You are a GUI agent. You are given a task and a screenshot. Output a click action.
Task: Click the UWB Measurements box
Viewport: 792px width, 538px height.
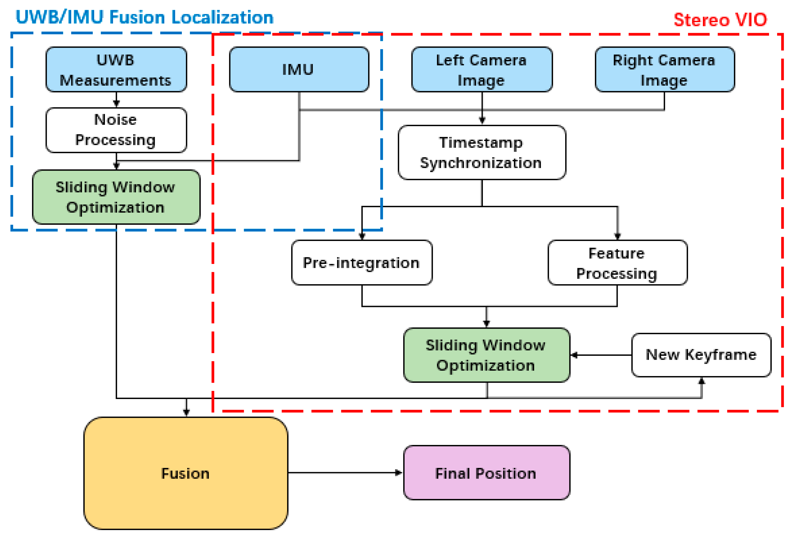point(116,69)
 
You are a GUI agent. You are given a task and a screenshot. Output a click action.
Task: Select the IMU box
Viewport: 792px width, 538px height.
point(299,69)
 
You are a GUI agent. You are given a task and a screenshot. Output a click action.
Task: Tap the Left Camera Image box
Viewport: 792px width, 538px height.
point(481,69)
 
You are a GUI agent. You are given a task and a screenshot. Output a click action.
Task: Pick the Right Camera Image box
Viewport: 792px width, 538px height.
point(664,69)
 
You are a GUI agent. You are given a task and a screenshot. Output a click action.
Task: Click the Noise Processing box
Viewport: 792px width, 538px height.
point(116,130)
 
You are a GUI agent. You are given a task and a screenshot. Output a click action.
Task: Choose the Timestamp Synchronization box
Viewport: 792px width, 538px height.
point(481,152)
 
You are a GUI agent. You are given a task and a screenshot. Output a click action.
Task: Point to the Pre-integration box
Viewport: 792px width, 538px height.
point(362,262)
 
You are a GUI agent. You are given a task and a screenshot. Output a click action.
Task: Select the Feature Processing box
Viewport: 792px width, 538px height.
point(617,262)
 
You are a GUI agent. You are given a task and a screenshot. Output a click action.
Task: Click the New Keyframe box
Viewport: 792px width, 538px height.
point(701,355)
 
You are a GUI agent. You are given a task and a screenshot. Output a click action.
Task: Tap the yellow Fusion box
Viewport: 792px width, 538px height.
point(186,473)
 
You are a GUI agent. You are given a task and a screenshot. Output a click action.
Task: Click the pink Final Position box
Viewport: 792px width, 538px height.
point(486,473)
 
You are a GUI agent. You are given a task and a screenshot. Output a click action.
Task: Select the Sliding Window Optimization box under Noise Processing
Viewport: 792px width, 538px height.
point(116,197)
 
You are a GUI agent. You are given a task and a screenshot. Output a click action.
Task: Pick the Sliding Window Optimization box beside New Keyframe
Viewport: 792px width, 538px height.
point(486,355)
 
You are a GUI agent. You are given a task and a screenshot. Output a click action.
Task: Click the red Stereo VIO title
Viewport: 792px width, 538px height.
point(720,19)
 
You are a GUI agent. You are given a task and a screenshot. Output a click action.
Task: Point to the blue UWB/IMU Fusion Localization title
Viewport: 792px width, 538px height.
point(145,17)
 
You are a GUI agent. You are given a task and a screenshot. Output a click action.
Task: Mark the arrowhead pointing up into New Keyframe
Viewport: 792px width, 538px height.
point(701,381)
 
